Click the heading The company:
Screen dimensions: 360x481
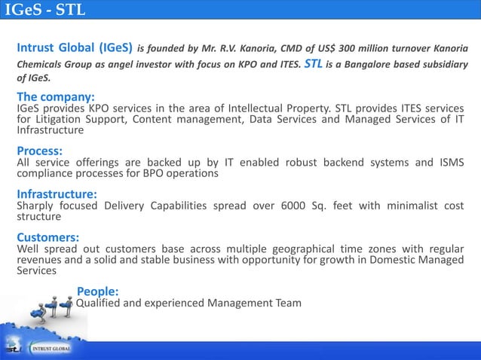coord(56,97)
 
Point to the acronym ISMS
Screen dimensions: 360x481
coord(451,162)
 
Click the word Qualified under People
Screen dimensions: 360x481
coord(102,303)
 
